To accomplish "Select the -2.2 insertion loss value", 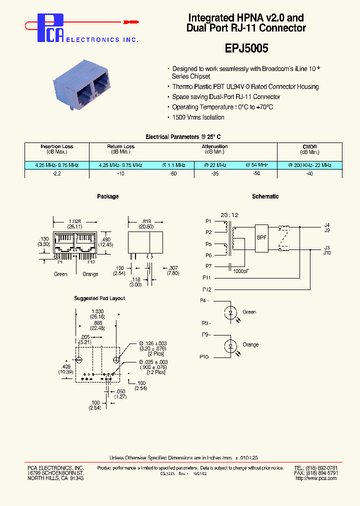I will [56, 173].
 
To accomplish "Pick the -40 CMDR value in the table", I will [309, 173].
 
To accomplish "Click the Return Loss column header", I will [120, 146].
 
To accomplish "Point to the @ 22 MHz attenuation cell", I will [215, 165].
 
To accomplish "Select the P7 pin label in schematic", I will [208, 266].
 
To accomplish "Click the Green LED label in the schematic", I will [249, 312].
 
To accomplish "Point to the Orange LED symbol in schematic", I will [230, 345].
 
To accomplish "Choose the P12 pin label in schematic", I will [207, 289].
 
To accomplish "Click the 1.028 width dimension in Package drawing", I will [74, 220].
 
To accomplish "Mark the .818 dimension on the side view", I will [145, 220].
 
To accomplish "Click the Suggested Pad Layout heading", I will [99, 298].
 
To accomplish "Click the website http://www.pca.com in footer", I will [316, 478].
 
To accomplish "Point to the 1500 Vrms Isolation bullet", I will [198, 117].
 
